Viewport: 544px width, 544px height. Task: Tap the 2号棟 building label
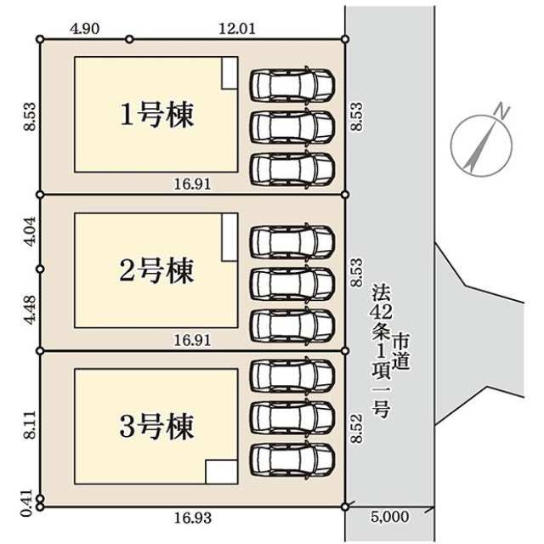tap(156, 270)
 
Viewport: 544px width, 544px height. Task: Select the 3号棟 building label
tap(156, 425)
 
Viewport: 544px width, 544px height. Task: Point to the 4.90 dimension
tap(86, 28)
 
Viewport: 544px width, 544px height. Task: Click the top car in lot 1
tap(292, 86)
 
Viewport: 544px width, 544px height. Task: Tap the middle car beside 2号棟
tap(292, 282)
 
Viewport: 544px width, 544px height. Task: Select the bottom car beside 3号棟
tap(292, 459)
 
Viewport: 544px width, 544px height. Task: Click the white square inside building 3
tap(222, 471)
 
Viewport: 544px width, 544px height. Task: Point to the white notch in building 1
tap(229, 73)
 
